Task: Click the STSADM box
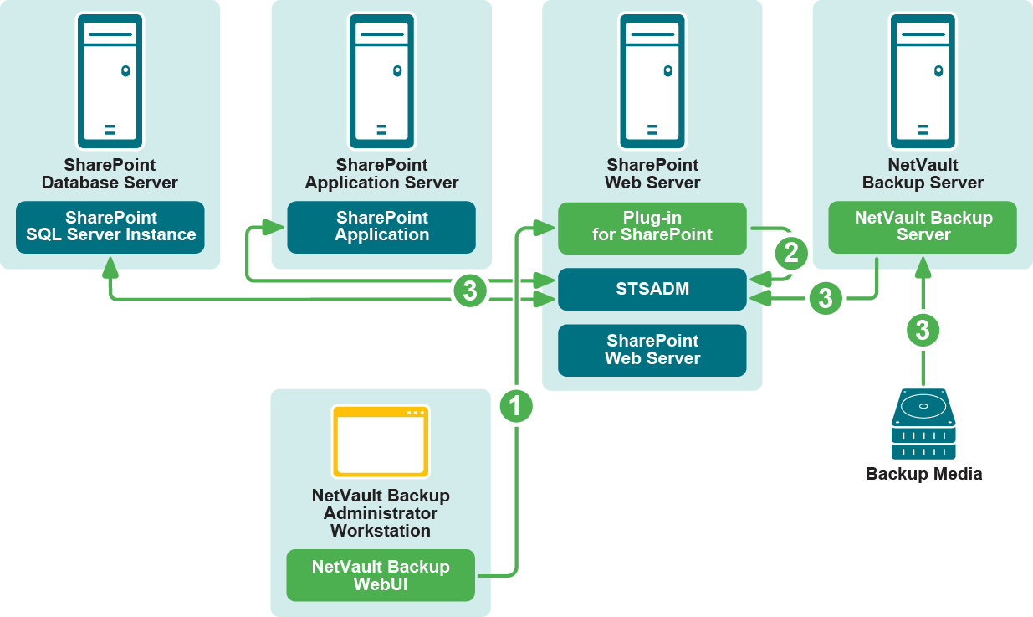(x=652, y=289)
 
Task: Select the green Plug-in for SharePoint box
(x=652, y=227)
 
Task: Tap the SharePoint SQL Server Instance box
(x=110, y=227)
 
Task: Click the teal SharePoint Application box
(x=381, y=227)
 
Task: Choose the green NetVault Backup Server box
(x=923, y=227)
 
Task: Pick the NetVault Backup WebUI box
(x=381, y=575)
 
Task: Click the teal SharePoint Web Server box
(x=652, y=350)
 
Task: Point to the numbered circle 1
(x=516, y=407)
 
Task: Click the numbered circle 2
(x=791, y=252)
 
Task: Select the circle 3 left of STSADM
(x=470, y=291)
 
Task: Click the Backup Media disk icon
(x=923, y=424)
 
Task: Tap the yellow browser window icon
(x=381, y=441)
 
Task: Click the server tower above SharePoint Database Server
(x=110, y=80)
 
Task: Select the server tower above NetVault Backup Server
(x=923, y=80)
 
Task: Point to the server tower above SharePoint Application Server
(x=381, y=80)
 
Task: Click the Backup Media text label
(x=923, y=475)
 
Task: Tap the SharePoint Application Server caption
(x=381, y=174)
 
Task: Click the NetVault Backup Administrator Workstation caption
(x=381, y=513)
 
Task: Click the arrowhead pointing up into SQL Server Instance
(x=110, y=266)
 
